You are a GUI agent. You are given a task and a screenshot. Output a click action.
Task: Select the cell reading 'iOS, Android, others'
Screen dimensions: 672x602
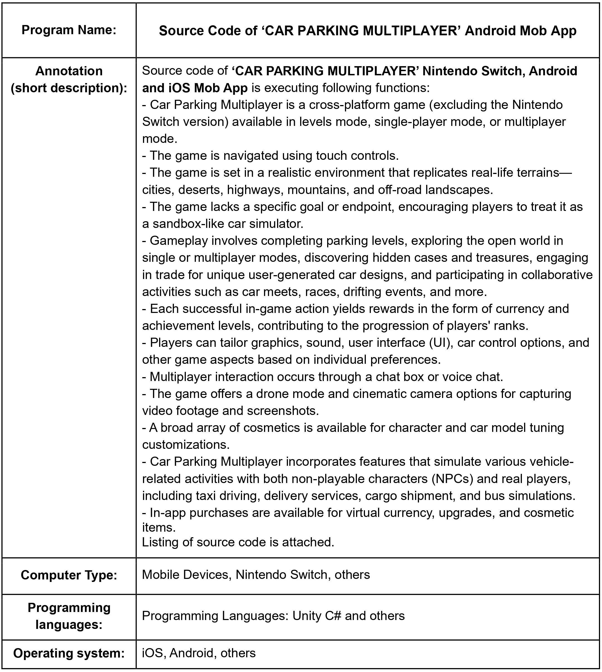click(199, 653)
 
